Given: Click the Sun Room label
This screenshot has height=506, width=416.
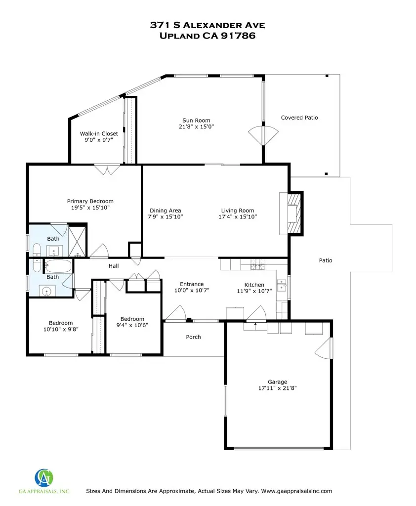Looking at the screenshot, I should pos(196,120).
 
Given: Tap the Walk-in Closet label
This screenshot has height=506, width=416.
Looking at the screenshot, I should pos(99,133).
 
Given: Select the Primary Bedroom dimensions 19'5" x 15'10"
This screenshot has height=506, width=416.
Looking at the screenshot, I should pos(90,208).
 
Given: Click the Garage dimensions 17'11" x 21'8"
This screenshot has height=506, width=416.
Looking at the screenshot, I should pos(277,388).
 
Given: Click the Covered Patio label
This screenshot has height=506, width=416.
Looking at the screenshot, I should pos(299,118).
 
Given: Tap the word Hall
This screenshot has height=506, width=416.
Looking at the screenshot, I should pos(114,266).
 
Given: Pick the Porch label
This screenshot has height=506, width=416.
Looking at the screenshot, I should pos(193,337).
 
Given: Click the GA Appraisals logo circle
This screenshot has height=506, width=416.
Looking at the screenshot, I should pos(44,477).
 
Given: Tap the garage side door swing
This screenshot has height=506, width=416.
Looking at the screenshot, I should pos(320,350).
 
